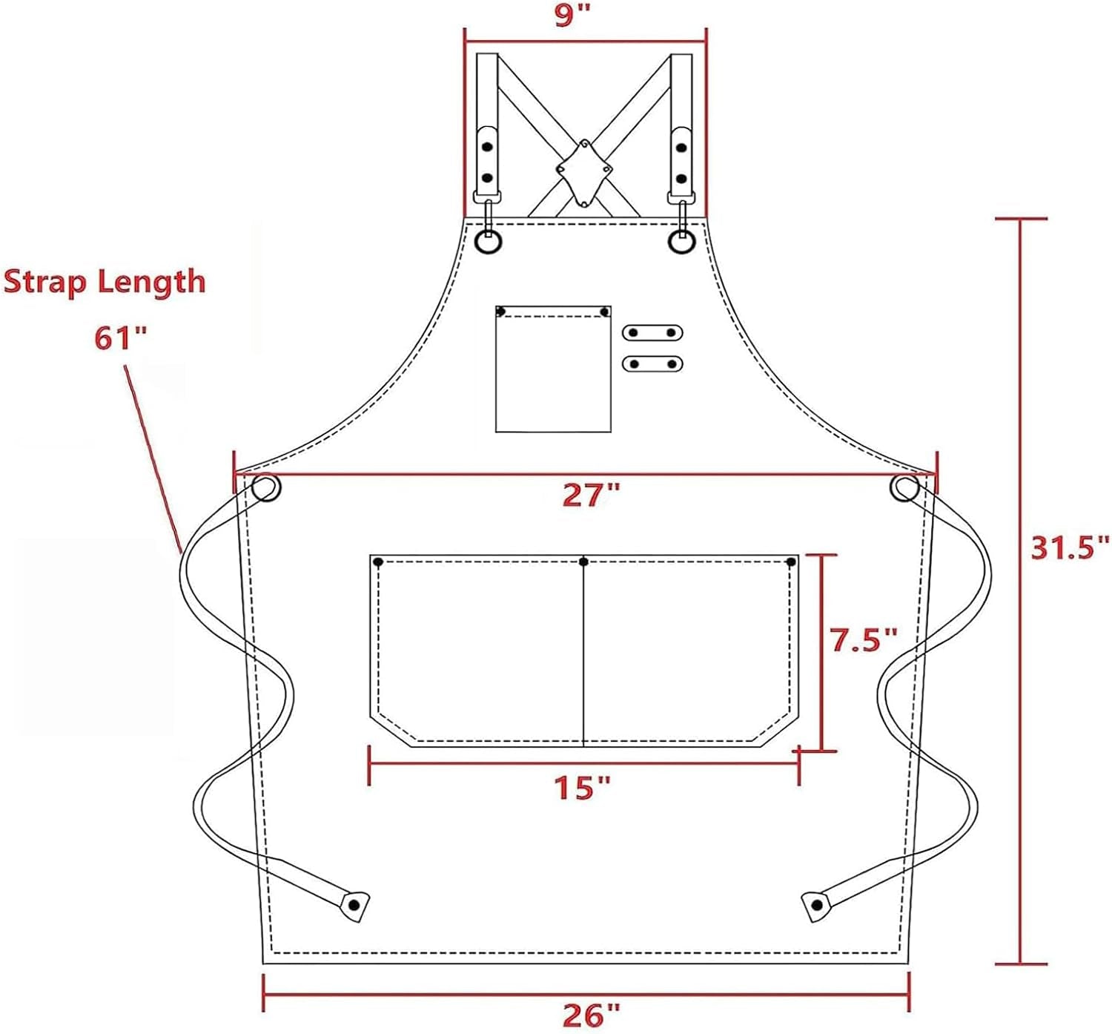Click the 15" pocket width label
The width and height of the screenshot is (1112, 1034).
pyautogui.click(x=583, y=787)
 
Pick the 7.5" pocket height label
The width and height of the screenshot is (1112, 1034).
pyautogui.click(x=864, y=639)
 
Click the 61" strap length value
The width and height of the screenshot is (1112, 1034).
pyautogui.click(x=120, y=338)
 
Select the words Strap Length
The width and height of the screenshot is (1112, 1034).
pyautogui.click(x=105, y=282)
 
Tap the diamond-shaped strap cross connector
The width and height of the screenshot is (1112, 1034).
pyautogui.click(x=584, y=173)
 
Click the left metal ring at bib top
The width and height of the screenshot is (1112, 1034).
pyautogui.click(x=489, y=242)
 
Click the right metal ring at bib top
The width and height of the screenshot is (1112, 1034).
pyautogui.click(x=681, y=242)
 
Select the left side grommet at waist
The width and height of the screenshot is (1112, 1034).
pyautogui.click(x=265, y=488)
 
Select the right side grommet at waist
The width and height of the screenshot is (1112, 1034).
pyautogui.click(x=905, y=488)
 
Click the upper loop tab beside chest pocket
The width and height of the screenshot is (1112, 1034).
pyautogui.click(x=652, y=332)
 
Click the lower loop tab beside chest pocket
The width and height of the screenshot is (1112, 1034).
pyautogui.click(x=652, y=363)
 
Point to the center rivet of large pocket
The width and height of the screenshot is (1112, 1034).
pyautogui.click(x=584, y=562)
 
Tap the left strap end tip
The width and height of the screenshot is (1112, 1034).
pyautogui.click(x=354, y=905)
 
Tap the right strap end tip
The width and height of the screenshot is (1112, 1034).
pyautogui.click(x=816, y=905)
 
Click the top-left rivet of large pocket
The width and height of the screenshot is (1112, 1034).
pyautogui.click(x=378, y=562)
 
